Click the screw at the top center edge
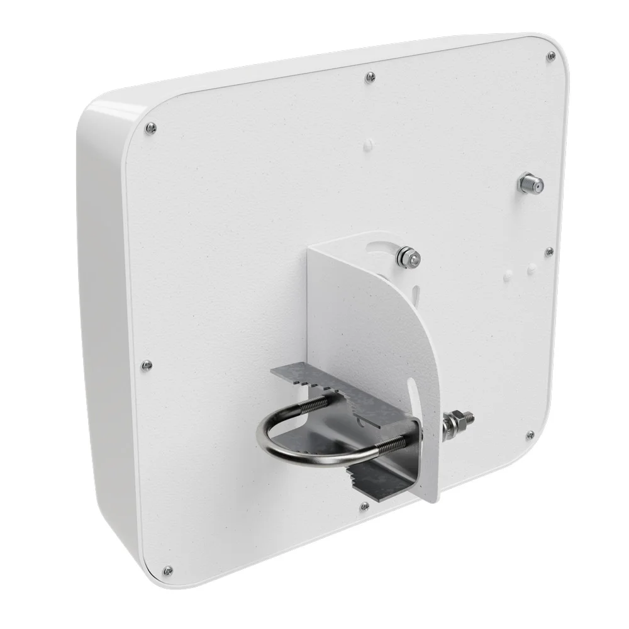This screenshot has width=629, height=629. coord(370,77)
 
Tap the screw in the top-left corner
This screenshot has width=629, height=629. coord(150,128)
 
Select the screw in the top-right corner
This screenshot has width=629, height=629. coord(551,56)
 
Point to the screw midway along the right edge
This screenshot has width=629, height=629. coord(548,251)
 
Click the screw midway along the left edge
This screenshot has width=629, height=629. coord(146,364)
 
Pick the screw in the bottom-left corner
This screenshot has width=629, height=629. coord(167,571)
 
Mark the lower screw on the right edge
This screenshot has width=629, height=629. coord(530,435)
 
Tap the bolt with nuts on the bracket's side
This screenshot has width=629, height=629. coord(457,421)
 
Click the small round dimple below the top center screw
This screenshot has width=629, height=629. coord(367,145)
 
